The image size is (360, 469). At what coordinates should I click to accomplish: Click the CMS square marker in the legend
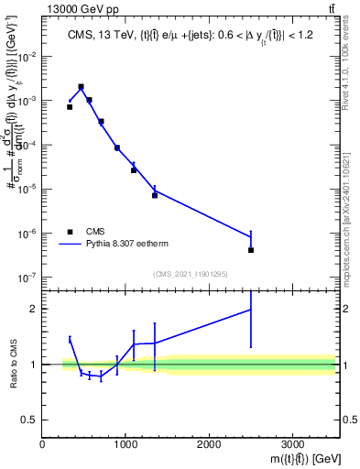(70, 232)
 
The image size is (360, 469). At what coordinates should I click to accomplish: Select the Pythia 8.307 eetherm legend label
(129, 245)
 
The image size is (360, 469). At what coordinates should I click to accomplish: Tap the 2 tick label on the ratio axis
(34, 309)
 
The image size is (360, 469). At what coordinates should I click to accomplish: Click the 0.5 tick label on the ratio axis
(30, 420)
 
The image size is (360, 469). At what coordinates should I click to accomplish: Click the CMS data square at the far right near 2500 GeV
(251, 250)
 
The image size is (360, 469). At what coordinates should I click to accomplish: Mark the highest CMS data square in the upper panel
(82, 87)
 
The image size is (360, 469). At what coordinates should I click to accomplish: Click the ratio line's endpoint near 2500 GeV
(251, 310)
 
